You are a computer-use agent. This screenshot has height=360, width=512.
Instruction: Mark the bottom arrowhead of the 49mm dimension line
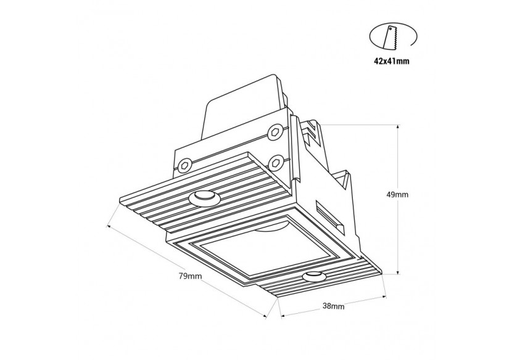pyautogui.click(x=400, y=271)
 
